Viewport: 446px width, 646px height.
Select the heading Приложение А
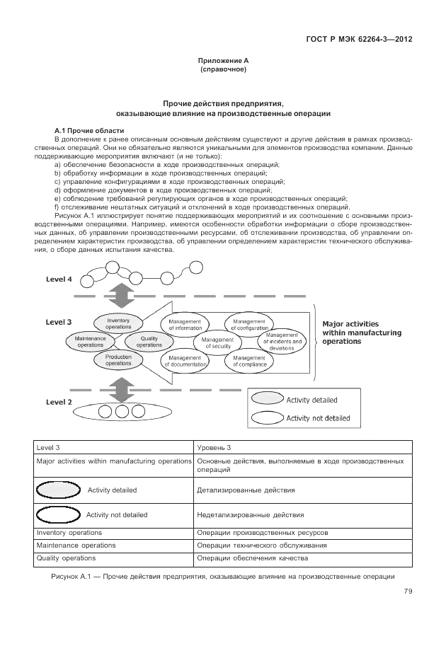coord(223,62)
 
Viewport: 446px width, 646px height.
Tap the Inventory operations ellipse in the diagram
coord(118,324)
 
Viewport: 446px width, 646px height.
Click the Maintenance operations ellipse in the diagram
coord(90,342)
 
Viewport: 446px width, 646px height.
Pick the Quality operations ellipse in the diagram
coord(149,342)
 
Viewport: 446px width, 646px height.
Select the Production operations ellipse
coord(118,360)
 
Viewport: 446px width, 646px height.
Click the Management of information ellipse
coord(185,324)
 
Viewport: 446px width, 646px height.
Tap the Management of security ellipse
coord(217,342)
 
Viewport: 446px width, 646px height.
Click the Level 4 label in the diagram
coord(59,279)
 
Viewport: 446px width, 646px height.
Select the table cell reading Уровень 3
coord(214,448)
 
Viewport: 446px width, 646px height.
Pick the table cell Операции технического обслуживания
coord(262,546)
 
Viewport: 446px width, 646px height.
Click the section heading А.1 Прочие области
coord(88,131)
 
